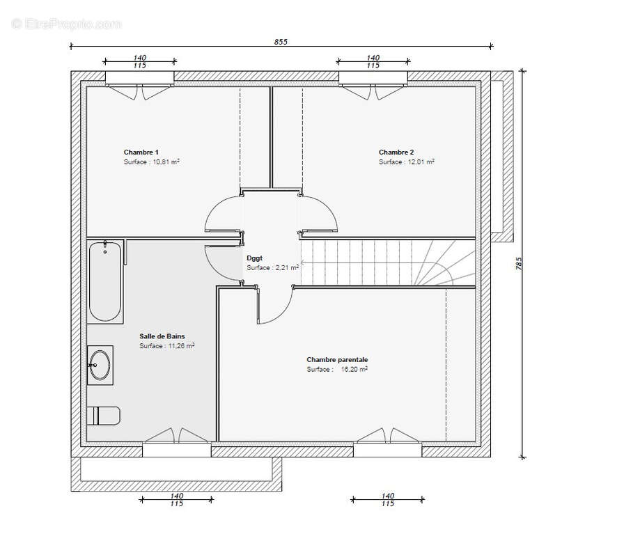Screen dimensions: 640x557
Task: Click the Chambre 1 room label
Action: pyautogui.click(x=141, y=152)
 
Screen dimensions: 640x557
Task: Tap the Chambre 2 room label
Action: pyautogui.click(x=396, y=152)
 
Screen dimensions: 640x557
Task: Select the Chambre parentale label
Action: pyautogui.click(x=337, y=359)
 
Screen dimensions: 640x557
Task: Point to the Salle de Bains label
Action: pyautogui.click(x=162, y=336)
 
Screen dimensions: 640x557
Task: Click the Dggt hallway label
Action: pyautogui.click(x=255, y=258)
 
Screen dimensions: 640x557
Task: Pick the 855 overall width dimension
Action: pyautogui.click(x=281, y=42)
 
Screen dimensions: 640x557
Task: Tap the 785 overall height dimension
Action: pyautogui.click(x=519, y=263)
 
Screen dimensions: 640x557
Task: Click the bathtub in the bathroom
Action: pyautogui.click(x=105, y=281)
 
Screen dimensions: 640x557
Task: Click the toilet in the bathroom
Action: pyautogui.click(x=104, y=416)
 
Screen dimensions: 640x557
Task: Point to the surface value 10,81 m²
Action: pyautogui.click(x=166, y=162)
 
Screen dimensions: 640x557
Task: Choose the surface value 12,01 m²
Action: pyautogui.click(x=421, y=162)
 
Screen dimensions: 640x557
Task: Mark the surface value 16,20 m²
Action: pyautogui.click(x=354, y=369)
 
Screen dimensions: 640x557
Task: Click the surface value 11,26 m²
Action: pyautogui.click(x=181, y=346)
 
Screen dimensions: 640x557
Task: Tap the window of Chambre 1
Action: pyautogui.click(x=140, y=79)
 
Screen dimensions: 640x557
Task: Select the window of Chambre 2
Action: pyautogui.click(x=373, y=79)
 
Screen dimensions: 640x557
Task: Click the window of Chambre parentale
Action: pyautogui.click(x=387, y=450)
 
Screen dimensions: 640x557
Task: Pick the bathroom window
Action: pyautogui.click(x=177, y=450)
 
